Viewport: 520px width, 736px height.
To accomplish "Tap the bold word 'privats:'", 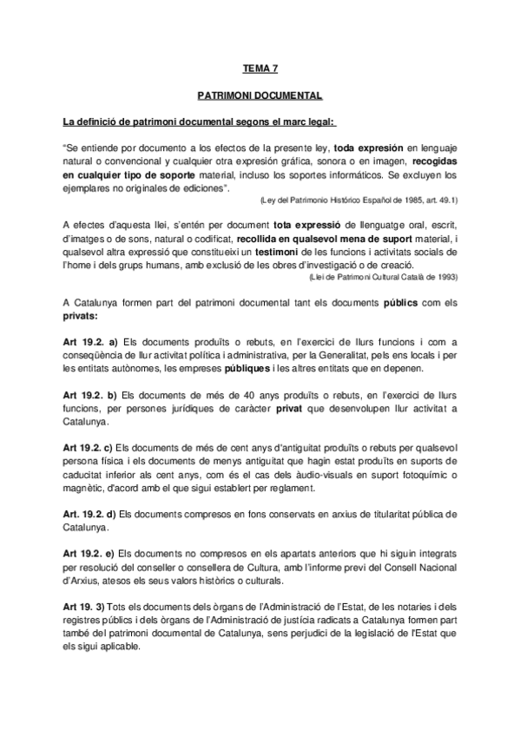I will pos(84,316).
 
